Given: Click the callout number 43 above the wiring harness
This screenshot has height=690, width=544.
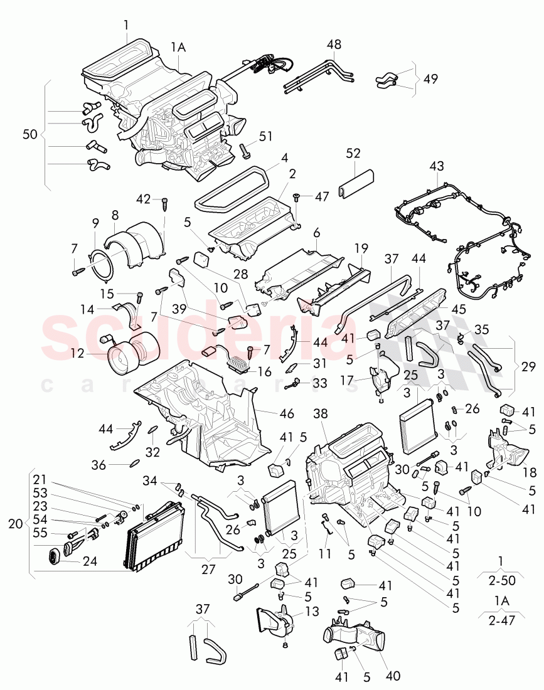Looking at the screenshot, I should coord(436,166).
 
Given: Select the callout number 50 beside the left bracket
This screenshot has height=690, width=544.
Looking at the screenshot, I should coord(29,134).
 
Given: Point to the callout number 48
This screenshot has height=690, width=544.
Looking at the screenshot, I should coord(334,45).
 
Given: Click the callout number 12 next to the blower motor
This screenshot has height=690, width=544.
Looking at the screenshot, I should coord(77,354).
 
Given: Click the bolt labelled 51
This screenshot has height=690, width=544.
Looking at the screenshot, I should coord(244,150).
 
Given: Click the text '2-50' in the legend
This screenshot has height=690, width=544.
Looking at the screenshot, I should coord(500,580).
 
